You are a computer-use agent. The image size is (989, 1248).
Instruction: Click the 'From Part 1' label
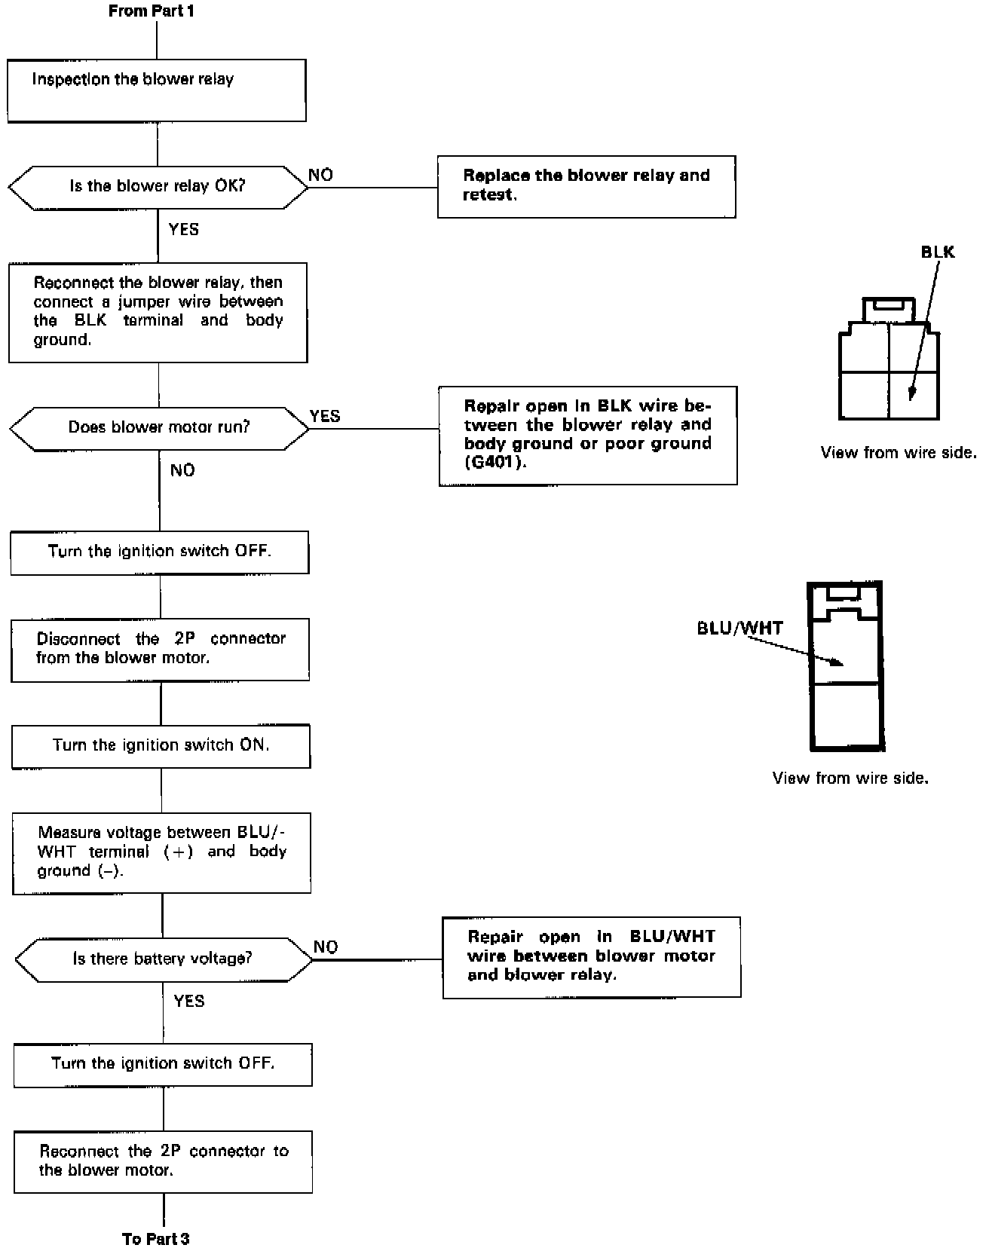point(151,11)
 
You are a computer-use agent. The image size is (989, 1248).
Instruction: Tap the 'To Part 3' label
point(155,1238)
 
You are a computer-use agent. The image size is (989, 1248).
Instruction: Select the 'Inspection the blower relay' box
point(157,90)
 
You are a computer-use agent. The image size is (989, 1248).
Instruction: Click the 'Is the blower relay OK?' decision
point(158,186)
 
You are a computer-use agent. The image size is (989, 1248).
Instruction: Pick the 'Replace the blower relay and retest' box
point(586,187)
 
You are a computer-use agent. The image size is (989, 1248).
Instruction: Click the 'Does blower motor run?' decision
point(159,427)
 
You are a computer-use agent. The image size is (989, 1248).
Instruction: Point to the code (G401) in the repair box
point(495,462)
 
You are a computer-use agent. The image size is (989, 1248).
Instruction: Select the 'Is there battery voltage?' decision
point(163,959)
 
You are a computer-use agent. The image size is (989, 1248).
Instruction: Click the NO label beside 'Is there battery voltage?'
point(326,947)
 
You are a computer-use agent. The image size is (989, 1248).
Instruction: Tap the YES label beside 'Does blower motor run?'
point(325,416)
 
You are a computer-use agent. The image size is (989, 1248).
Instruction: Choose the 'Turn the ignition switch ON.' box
point(161,746)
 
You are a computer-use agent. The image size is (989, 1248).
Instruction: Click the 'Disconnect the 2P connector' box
point(160,650)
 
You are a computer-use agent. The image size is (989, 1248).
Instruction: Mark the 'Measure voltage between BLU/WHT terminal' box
point(161,852)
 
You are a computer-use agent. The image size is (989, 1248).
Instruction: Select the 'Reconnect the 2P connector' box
point(163,1161)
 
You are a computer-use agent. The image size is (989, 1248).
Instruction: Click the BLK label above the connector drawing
point(938,252)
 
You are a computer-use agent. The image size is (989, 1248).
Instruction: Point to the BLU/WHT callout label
point(740,628)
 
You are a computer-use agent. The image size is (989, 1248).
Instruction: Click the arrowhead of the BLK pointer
point(911,394)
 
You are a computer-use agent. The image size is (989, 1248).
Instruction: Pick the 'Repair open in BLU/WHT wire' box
point(591,957)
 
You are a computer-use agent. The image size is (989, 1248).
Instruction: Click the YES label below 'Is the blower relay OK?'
point(184,229)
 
